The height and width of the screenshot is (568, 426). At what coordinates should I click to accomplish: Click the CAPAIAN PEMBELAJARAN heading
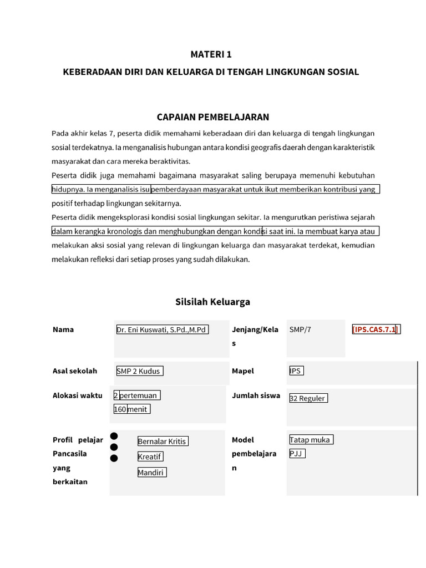213,117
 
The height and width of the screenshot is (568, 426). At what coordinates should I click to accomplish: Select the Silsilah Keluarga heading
213,302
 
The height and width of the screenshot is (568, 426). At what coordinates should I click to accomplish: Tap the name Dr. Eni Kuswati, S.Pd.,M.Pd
161,329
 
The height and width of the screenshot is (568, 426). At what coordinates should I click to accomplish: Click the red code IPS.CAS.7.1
376,329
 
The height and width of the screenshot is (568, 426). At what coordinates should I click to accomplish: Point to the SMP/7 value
300,329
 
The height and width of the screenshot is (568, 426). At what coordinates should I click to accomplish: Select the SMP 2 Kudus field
139,371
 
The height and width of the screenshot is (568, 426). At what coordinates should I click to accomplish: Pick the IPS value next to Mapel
296,371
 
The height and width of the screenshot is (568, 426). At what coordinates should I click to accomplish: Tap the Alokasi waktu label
77,395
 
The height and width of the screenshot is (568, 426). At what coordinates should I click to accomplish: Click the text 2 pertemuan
136,395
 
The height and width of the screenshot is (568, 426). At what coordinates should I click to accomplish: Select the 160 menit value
131,409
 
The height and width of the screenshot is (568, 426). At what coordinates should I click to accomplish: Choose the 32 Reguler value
308,398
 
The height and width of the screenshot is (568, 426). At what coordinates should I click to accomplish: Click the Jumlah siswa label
256,396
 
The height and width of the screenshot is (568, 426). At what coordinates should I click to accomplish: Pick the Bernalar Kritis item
162,442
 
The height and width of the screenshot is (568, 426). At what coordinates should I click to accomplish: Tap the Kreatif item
150,457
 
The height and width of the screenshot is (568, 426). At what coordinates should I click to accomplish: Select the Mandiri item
151,473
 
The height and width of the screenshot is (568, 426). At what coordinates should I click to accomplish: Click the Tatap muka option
310,440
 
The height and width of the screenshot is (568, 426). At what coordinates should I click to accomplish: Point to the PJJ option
297,454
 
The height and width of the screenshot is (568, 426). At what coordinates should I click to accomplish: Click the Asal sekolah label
75,371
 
